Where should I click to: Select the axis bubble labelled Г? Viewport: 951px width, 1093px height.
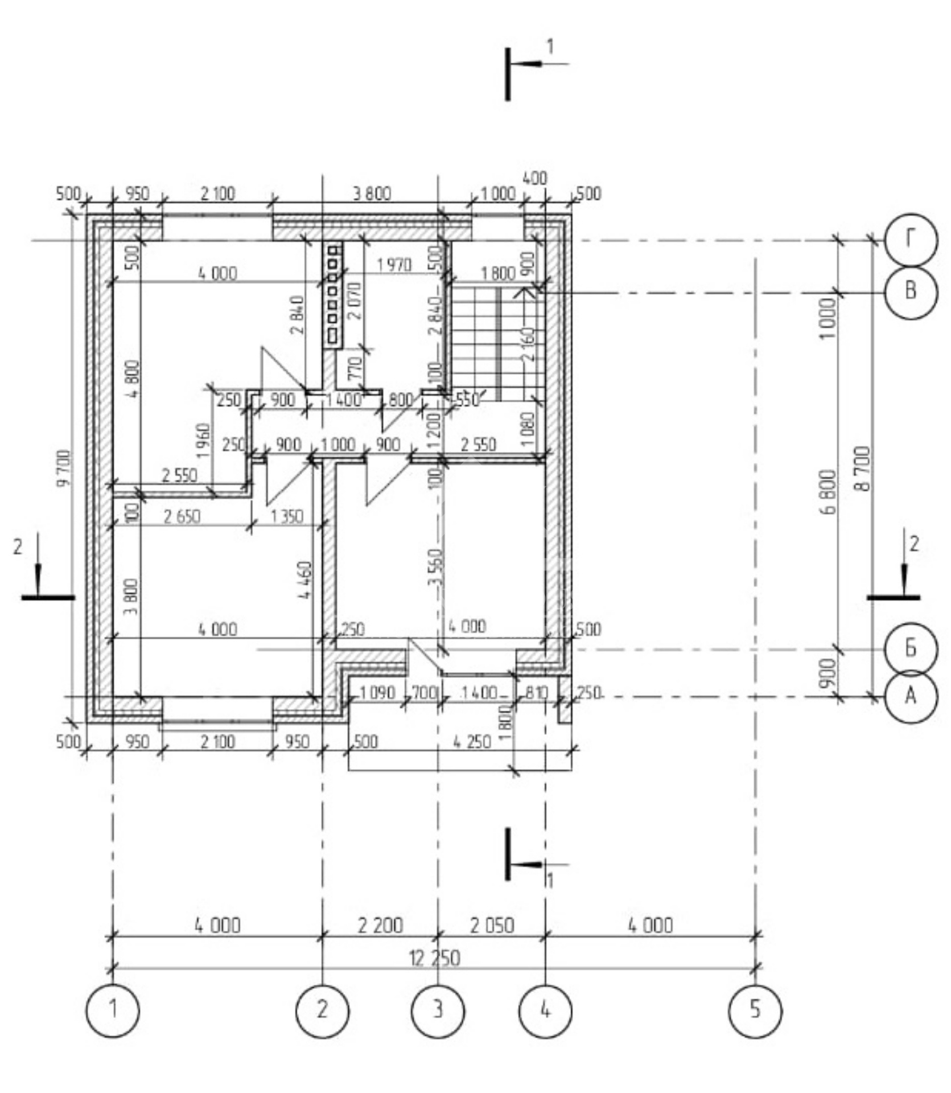click(x=910, y=240)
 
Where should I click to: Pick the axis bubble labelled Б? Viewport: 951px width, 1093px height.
click(x=910, y=648)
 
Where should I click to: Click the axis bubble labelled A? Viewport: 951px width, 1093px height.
click(x=910, y=696)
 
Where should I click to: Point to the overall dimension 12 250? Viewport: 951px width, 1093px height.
click(x=434, y=959)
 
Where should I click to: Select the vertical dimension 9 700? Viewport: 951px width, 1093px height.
click(x=64, y=468)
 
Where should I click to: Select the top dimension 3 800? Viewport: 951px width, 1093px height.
click(x=372, y=194)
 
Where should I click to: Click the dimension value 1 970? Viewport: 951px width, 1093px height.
click(x=394, y=265)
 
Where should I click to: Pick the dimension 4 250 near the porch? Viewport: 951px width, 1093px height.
click(x=471, y=742)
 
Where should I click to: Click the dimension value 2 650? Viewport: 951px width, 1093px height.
click(x=182, y=517)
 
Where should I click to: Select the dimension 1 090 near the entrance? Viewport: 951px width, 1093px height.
click(x=377, y=693)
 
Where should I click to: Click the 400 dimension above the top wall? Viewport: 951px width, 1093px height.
click(x=534, y=179)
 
